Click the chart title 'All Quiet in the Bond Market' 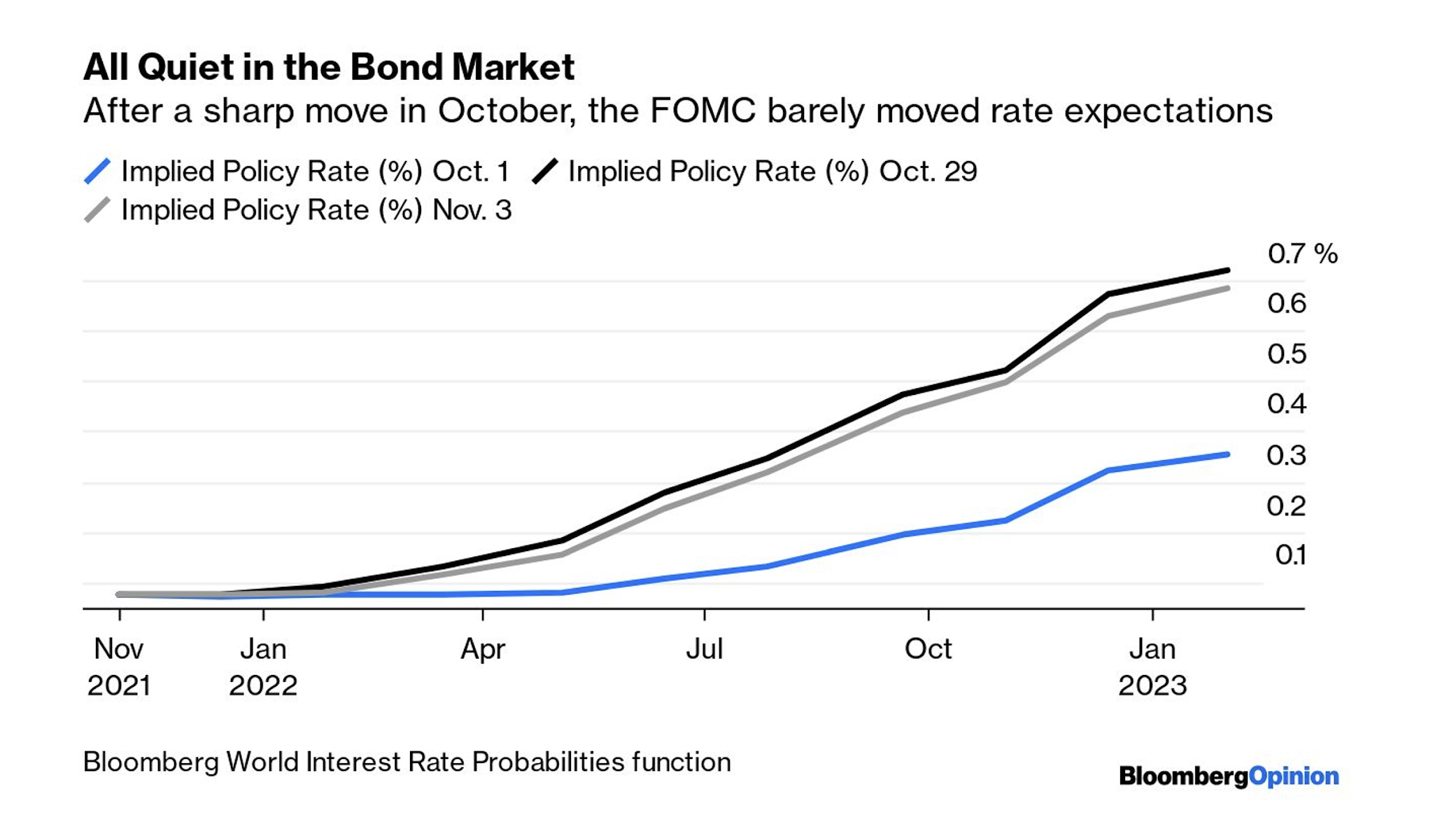pyautogui.click(x=329, y=67)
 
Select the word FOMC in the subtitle pyautogui.click(x=703, y=111)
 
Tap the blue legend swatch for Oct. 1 pyautogui.click(x=97, y=172)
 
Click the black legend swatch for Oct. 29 pyautogui.click(x=545, y=172)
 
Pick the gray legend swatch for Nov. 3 pyautogui.click(x=97, y=210)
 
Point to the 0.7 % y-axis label pyautogui.click(x=1301, y=253)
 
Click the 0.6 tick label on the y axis pyautogui.click(x=1286, y=303)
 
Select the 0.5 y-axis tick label pyautogui.click(x=1286, y=354)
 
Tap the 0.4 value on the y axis pyautogui.click(x=1286, y=404)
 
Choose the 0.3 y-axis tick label pyautogui.click(x=1286, y=455)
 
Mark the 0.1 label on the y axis pyautogui.click(x=1290, y=555)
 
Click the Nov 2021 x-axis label pyautogui.click(x=119, y=667)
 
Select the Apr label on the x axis pyautogui.click(x=483, y=649)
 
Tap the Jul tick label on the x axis pyautogui.click(x=704, y=649)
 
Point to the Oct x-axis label pyautogui.click(x=928, y=649)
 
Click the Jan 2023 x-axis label pyautogui.click(x=1152, y=667)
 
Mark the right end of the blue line pyautogui.click(x=1228, y=454)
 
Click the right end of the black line pyautogui.click(x=1228, y=270)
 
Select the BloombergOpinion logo pyautogui.click(x=1229, y=776)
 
